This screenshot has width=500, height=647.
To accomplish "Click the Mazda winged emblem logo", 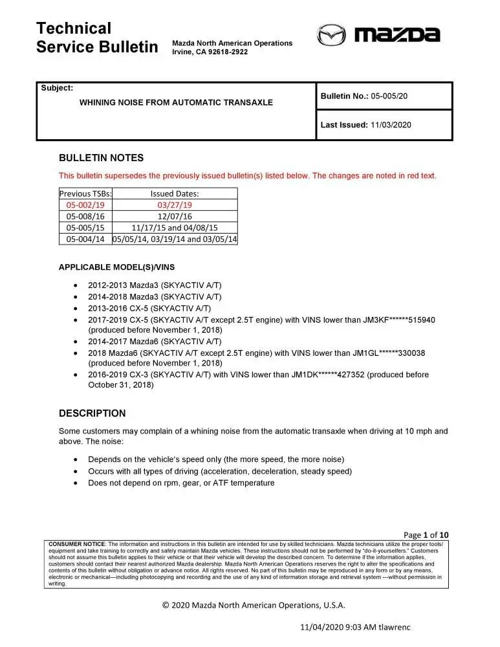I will pyautogui.click(x=332, y=35).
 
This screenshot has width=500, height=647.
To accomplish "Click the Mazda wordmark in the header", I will pyautogui.click(x=397, y=35).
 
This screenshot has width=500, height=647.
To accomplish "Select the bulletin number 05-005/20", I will pyautogui.click(x=389, y=96).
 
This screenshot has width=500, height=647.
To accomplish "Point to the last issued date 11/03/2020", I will pyautogui.click(x=391, y=126).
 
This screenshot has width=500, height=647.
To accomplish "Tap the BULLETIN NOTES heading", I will pyautogui.click(x=101, y=158).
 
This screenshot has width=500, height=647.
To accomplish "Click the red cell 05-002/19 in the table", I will pyautogui.click(x=85, y=205).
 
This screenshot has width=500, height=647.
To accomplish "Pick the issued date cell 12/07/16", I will pyautogui.click(x=175, y=216).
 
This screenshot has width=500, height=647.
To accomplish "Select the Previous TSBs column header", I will pyautogui.click(x=85, y=193).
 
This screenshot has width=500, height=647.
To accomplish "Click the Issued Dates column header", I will pyautogui.click(x=175, y=193).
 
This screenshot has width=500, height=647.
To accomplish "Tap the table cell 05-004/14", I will pyautogui.click(x=85, y=239).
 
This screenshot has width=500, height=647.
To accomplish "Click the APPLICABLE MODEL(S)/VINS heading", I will pyautogui.click(x=116, y=267).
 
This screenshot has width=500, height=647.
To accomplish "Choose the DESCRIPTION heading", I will pyautogui.click(x=92, y=413).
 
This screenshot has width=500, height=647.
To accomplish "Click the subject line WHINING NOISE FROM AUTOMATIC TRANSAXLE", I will pyautogui.click(x=176, y=102).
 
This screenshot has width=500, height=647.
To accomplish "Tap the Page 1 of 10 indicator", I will pyautogui.click(x=426, y=534).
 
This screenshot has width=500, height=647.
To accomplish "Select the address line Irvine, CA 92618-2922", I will pyautogui.click(x=210, y=52).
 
